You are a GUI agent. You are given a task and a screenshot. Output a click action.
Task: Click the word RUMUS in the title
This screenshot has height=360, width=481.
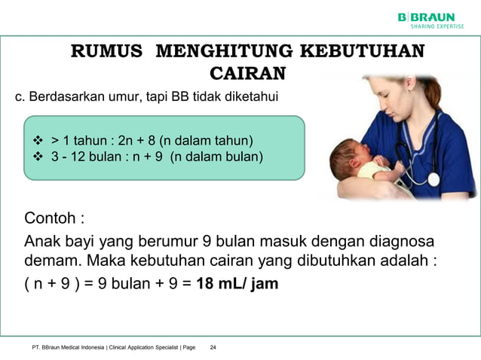[106, 52]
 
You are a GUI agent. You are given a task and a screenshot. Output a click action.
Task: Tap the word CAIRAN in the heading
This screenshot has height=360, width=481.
[247, 73]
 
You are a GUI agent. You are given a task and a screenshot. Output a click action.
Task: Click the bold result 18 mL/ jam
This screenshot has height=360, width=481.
[237, 285]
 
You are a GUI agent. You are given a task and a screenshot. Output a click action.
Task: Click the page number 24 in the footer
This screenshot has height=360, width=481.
[213, 347]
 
